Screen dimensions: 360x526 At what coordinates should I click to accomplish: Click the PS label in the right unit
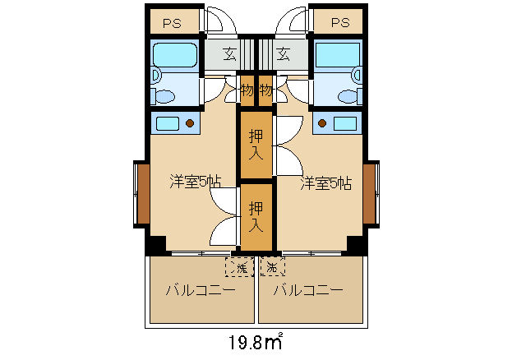point(339,22)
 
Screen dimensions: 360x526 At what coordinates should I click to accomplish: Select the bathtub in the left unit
point(174,55)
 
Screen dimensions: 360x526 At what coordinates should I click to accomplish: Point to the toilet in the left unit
point(164,93)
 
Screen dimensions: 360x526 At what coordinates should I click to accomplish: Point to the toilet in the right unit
point(349,93)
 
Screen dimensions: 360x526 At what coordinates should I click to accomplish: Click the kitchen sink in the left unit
point(171,123)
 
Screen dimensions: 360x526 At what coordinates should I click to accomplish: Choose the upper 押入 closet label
point(256,144)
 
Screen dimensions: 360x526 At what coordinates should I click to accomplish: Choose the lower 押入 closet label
point(256,215)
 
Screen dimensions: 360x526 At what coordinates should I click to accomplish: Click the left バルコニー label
point(201,291)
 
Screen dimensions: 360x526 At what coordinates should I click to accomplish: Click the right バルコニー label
point(308,291)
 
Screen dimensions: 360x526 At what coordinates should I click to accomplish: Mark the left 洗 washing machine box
point(240,266)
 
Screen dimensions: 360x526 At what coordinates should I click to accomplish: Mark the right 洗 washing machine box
point(272,266)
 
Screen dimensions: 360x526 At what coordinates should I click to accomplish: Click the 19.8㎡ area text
point(254,340)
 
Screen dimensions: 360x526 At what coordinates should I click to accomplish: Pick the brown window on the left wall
point(142,194)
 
